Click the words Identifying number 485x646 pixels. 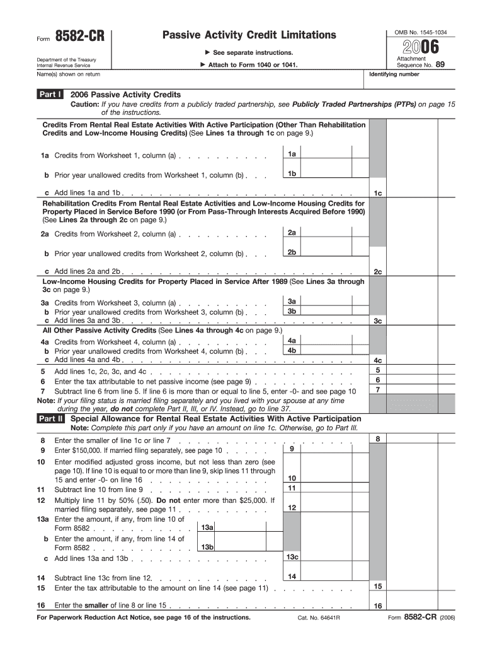(394, 74)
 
